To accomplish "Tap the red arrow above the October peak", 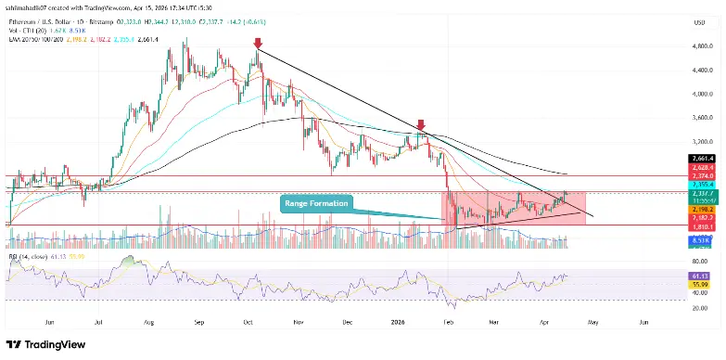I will coord(257,43).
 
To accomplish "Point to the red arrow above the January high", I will coord(421,123).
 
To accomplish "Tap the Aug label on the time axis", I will coord(150,324).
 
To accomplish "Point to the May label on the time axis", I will coord(592,324).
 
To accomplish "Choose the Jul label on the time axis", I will coord(97,324).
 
